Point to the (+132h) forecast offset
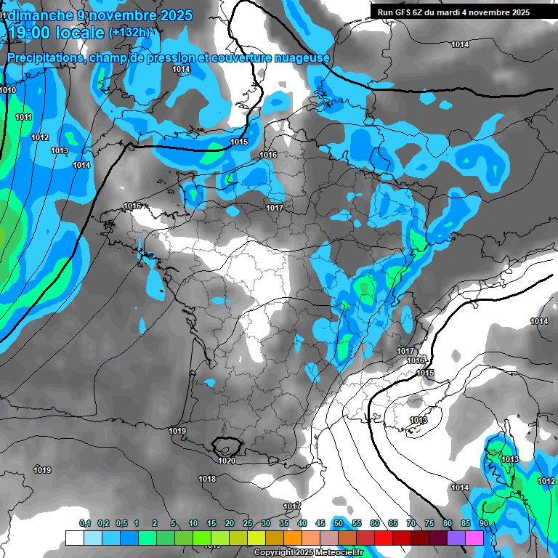(129, 33)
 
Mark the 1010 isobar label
(8, 90)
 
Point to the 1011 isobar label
(23, 117)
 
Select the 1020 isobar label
(226, 461)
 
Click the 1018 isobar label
(207, 479)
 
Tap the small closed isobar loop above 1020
(226, 444)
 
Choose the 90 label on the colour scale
(483, 524)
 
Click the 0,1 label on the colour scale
(85, 524)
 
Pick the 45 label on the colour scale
(320, 524)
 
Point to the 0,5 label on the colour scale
(121, 524)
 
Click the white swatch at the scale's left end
(74, 538)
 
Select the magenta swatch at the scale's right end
(474, 538)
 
